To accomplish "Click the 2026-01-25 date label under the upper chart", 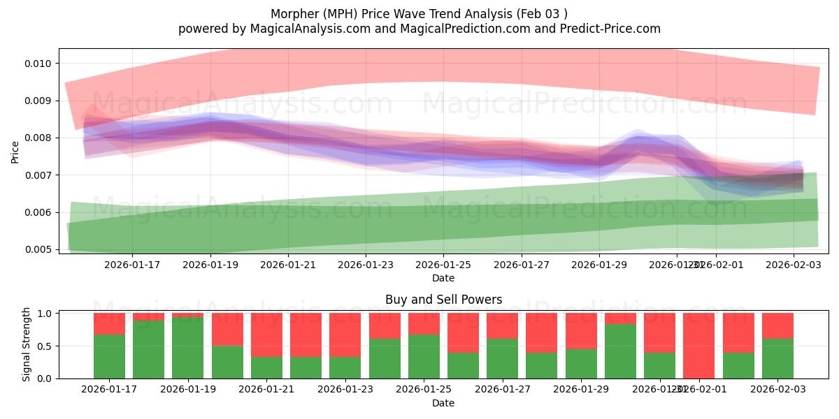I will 443,265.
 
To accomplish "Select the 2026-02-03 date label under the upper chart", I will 792,265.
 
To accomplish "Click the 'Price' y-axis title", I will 15,151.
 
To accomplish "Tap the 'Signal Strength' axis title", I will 26,344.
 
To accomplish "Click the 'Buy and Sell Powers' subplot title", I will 443,300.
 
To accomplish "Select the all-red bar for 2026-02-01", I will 698,346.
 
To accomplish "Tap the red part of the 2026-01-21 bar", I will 266,335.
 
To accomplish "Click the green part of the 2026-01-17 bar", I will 109,357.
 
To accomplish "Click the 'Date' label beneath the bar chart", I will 443,403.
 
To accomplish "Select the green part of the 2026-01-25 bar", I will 424,357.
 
